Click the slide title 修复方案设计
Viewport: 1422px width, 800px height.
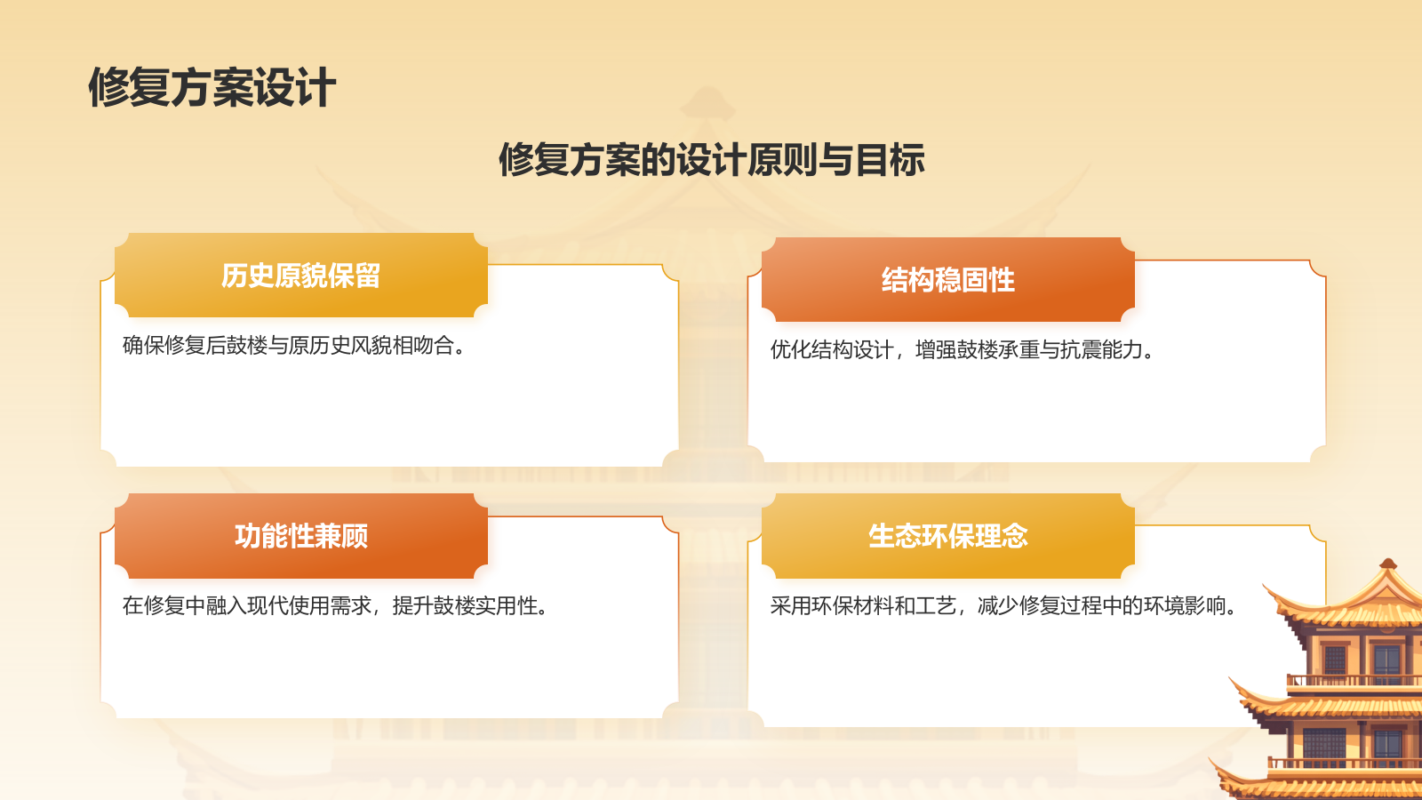212,88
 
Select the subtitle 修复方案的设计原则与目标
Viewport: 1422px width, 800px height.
711,160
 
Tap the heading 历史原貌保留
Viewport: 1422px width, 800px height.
300,276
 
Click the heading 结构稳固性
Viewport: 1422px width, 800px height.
947,280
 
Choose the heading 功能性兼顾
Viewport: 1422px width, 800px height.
300,536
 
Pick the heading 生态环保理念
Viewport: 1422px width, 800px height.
947,536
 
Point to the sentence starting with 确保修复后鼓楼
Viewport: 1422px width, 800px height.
293,345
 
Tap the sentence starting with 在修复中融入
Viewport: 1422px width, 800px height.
334,605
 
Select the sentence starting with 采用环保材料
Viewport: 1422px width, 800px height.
1003,605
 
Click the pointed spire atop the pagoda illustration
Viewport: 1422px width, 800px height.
1387,564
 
